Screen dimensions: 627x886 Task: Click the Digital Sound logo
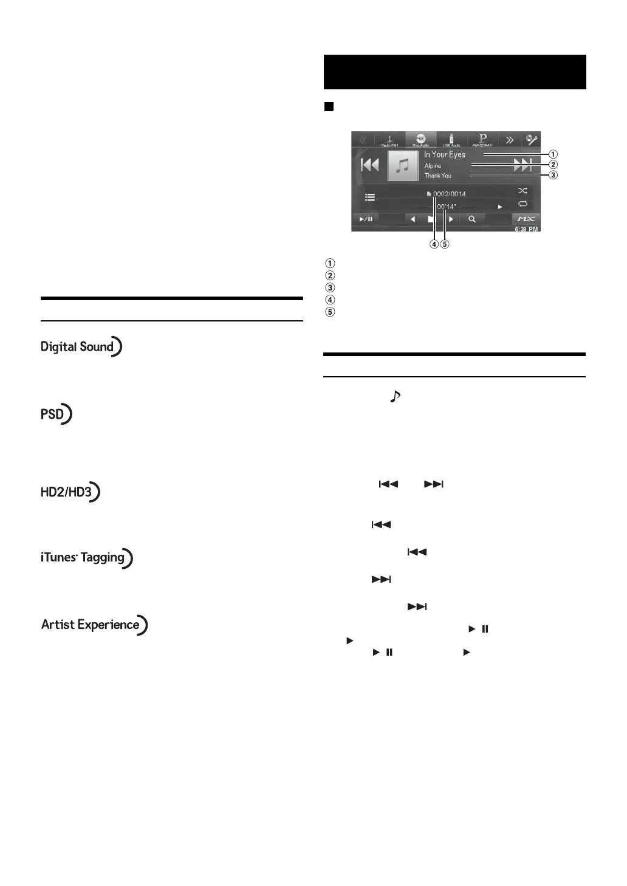coord(81,346)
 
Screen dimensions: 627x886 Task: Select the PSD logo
coord(56,414)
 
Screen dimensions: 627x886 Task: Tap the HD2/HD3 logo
coord(70,492)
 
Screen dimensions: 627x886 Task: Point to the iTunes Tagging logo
coord(86,558)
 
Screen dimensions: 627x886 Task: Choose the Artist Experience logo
coord(94,625)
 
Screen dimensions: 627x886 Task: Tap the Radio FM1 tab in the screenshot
coord(390,140)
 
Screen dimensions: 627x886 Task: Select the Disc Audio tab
coord(420,140)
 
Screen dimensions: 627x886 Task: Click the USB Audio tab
coord(451,140)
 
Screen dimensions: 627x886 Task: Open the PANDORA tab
coord(482,140)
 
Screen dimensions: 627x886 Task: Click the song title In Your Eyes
coord(445,155)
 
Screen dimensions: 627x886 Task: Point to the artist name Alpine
coord(433,166)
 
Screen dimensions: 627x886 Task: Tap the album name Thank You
coord(438,176)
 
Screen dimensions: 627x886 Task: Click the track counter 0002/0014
coord(449,194)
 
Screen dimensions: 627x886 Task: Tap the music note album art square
coord(403,165)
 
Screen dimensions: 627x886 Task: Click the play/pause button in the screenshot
coord(366,219)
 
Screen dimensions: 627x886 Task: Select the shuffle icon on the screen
coord(522,191)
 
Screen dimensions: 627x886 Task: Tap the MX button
coord(526,219)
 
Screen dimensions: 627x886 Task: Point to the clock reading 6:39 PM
coord(526,229)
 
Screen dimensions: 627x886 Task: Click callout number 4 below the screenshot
coord(434,244)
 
